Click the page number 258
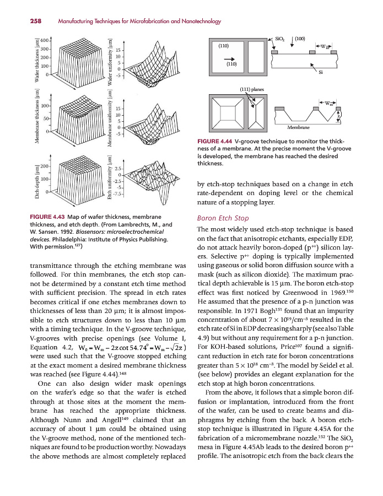[21, 21]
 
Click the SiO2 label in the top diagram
[279, 39]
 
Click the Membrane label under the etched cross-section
[298, 127]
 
